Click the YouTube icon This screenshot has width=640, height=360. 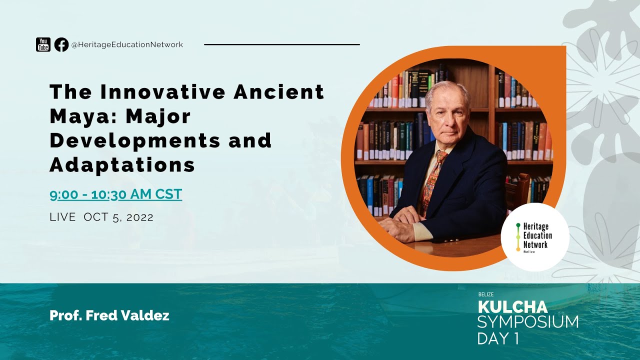tap(43, 44)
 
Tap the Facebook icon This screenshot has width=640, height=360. tap(61, 44)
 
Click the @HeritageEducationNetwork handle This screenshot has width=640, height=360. tap(127, 44)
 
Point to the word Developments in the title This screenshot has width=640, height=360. tap(134, 140)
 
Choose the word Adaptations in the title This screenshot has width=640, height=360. tap(122, 164)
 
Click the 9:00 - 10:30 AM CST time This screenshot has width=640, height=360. tap(115, 194)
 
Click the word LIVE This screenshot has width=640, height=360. tap(62, 217)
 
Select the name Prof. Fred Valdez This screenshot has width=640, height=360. tap(109, 315)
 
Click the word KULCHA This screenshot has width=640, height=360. tap(512, 306)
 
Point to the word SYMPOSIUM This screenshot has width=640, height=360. tap(527, 322)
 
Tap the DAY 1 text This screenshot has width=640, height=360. tap(497, 338)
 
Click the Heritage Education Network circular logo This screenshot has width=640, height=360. tap(534, 237)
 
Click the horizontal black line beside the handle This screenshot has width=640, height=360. tap(282, 44)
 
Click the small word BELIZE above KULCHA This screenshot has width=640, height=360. tap(485, 294)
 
